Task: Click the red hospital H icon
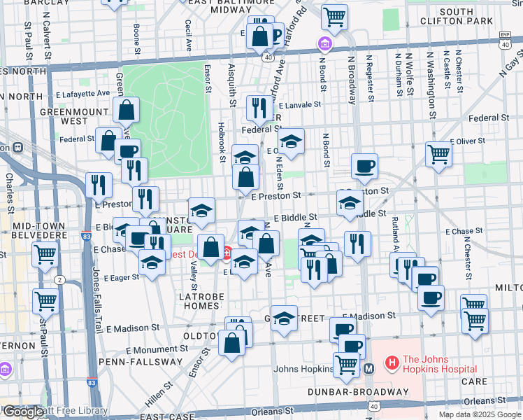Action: coord(392,364)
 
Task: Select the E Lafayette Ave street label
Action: coord(83,93)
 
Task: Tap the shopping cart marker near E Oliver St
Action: coord(438,152)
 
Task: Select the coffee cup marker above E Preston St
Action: coord(364,167)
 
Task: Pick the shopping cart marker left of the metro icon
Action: coord(345,363)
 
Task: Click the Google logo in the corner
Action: coord(22,412)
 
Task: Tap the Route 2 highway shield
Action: coord(60,280)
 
